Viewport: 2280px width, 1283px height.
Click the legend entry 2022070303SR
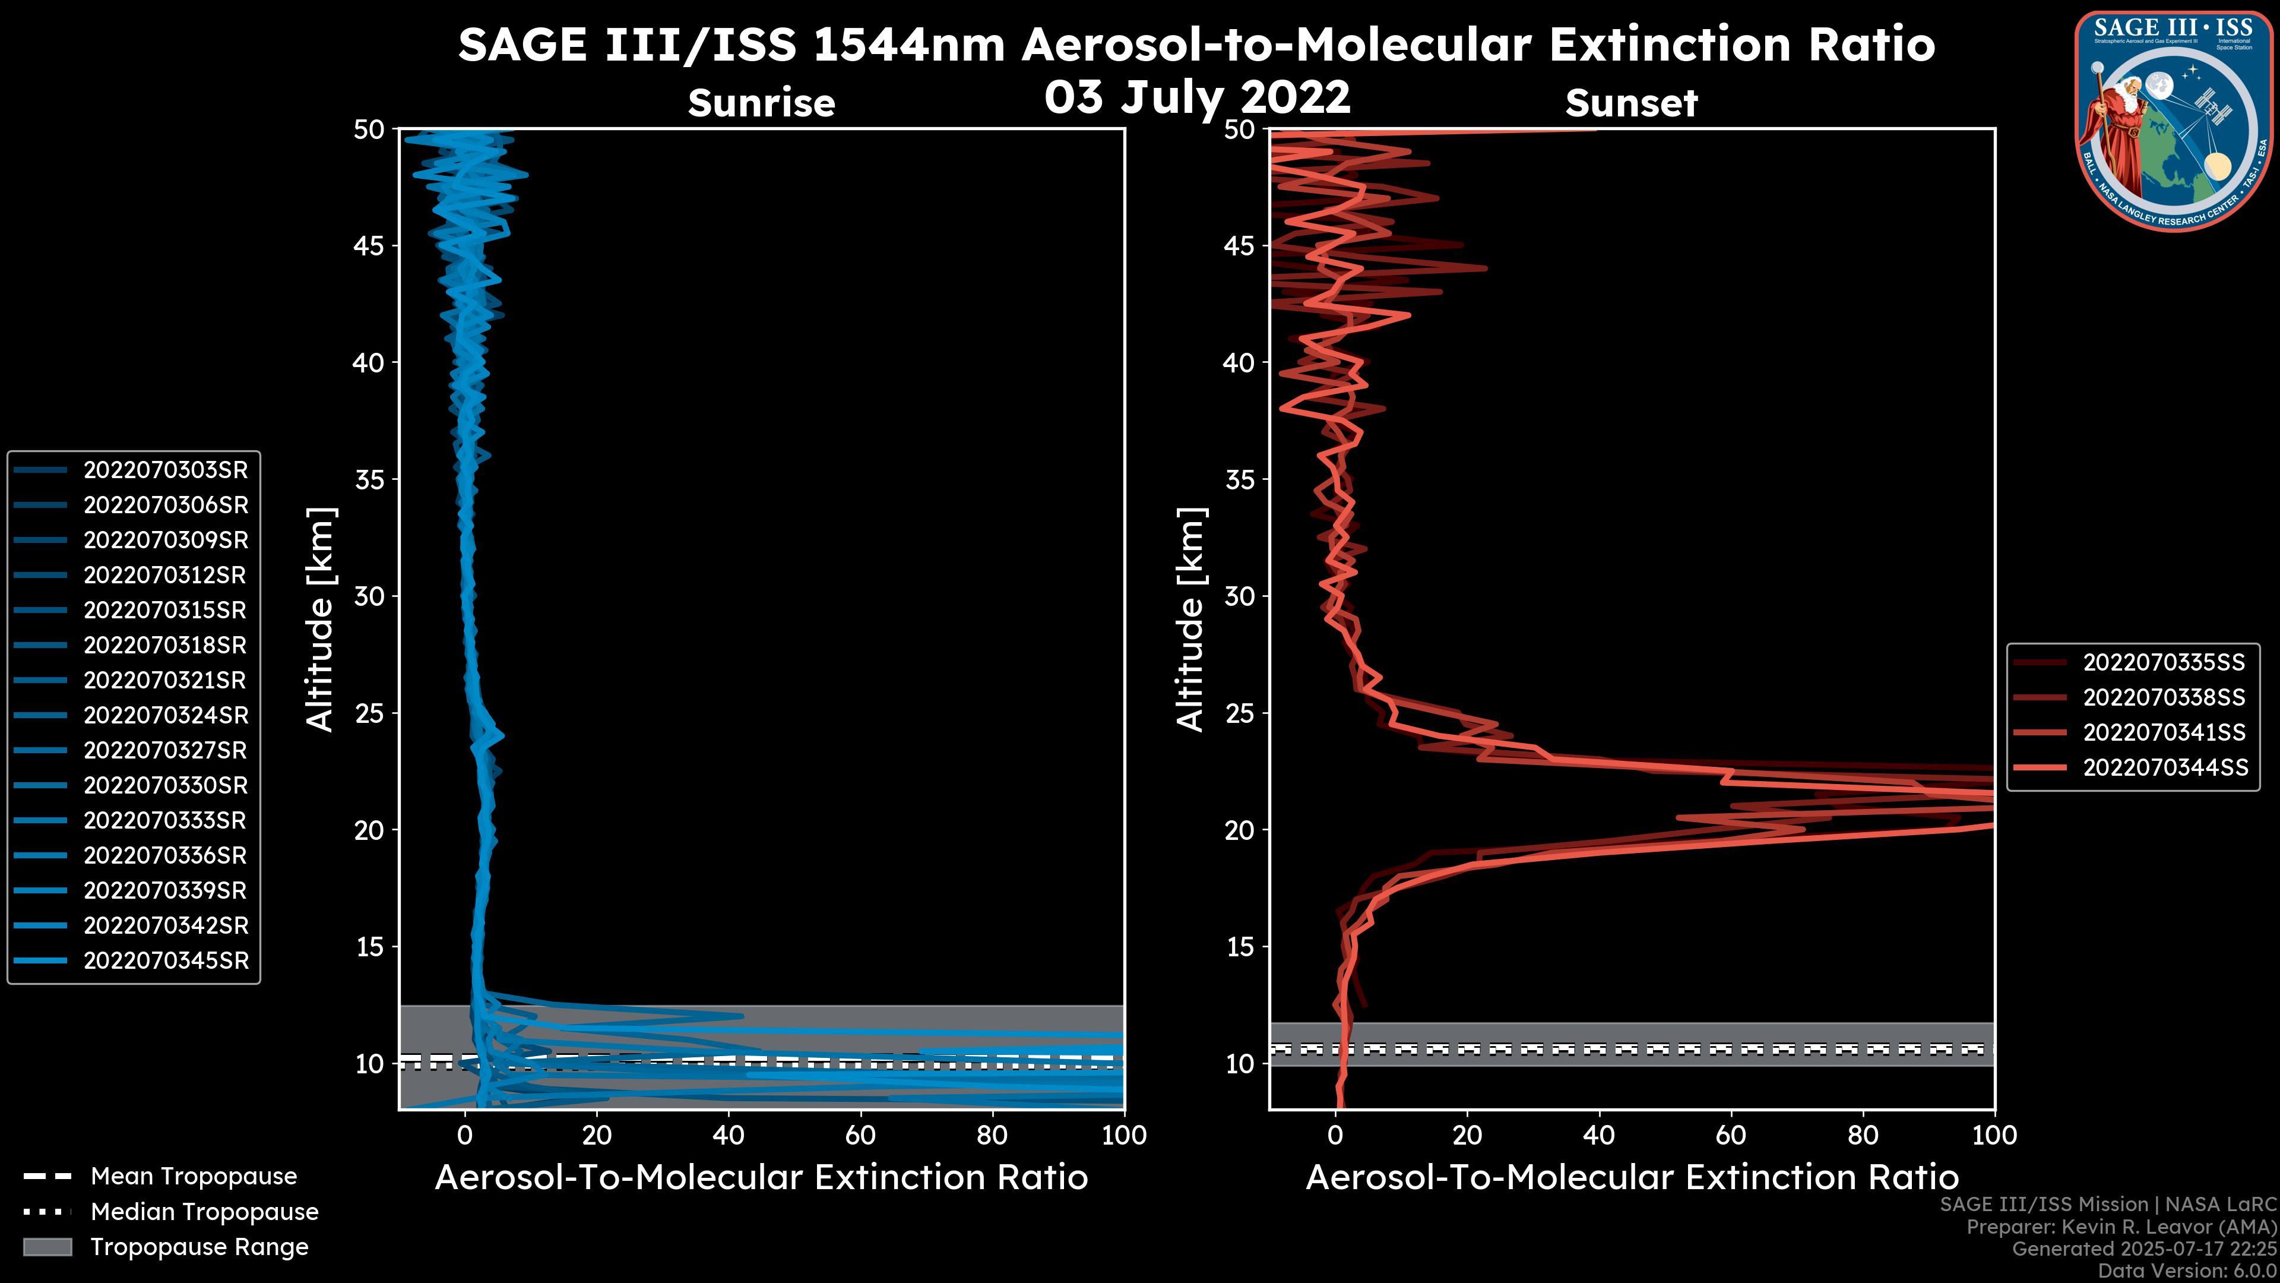pyautogui.click(x=166, y=470)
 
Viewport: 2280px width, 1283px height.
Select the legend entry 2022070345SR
pyautogui.click(x=166, y=960)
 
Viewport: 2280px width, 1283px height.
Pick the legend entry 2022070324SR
pyautogui.click(x=166, y=715)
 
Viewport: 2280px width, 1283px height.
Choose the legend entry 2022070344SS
pyautogui.click(x=2165, y=767)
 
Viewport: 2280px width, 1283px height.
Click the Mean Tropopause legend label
pyautogui.click(x=193, y=1177)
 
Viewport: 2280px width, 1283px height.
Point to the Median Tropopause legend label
pyautogui.click(x=204, y=1212)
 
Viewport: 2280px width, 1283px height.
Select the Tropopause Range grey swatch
pyautogui.click(x=47, y=1247)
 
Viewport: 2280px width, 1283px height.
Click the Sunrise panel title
pyautogui.click(x=761, y=103)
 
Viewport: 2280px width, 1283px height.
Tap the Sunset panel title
pyautogui.click(x=1630, y=103)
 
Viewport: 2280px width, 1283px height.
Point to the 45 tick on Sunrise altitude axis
pyautogui.click(x=369, y=246)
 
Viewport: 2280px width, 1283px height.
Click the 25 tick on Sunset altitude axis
pyautogui.click(x=1240, y=713)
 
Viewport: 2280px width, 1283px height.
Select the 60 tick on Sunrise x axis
pyautogui.click(x=860, y=1135)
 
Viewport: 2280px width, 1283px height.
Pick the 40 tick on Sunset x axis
pyautogui.click(x=1598, y=1135)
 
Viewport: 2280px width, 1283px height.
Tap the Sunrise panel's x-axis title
pyautogui.click(x=761, y=1178)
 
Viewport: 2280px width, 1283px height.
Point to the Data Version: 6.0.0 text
pyautogui.click(x=2188, y=1272)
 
